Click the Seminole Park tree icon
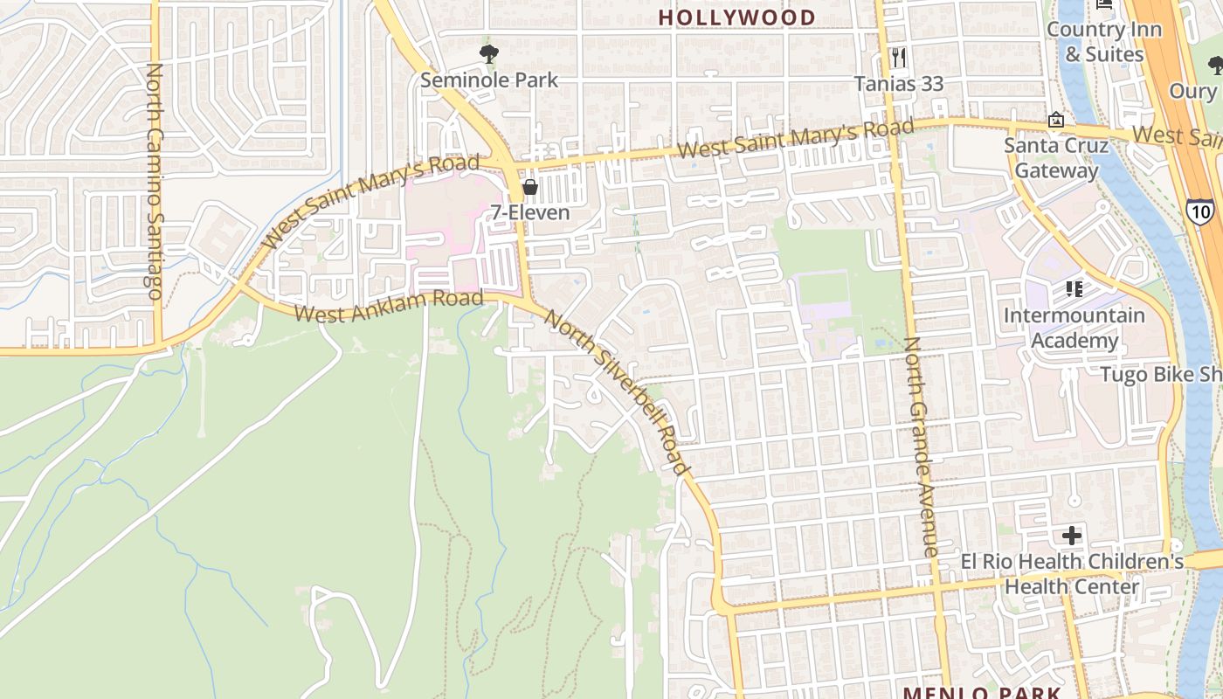point(489,54)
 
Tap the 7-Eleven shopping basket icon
point(530,187)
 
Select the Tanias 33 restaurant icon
point(899,58)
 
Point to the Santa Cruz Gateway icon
point(1056,120)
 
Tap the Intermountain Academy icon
point(1074,289)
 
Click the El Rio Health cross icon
point(1072,536)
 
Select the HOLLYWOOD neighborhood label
point(736,17)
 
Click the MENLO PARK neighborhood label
point(982,693)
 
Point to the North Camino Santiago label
point(155,182)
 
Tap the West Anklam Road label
point(389,307)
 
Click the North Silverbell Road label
point(617,391)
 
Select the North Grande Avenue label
point(921,446)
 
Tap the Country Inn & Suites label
point(1104,41)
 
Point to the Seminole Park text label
point(489,80)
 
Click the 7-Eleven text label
point(530,212)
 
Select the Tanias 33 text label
point(899,84)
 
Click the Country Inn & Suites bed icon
point(1104,3)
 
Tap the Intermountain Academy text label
point(1074,328)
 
